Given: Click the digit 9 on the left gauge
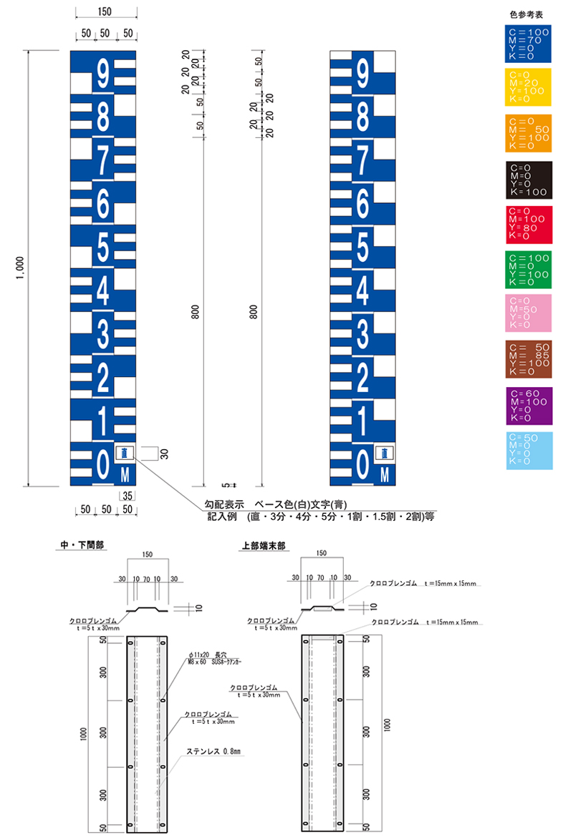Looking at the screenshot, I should pyautogui.click(x=103, y=73).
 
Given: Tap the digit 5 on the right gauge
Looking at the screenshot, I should pyautogui.click(x=362, y=246).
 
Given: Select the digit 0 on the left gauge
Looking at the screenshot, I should pyautogui.click(x=103, y=464).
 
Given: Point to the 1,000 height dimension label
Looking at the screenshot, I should pyautogui.click(x=21, y=268).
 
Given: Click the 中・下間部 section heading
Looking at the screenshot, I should pyautogui.click(x=82, y=545).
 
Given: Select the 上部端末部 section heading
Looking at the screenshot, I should pyautogui.click(x=263, y=545).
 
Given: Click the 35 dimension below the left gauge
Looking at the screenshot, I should pyautogui.click(x=127, y=495).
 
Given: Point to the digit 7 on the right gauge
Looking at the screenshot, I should pyautogui.click(x=362, y=159).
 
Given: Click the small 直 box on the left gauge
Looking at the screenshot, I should pyautogui.click(x=125, y=453).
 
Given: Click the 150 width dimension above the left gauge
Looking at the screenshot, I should pyautogui.click(x=105, y=12).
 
